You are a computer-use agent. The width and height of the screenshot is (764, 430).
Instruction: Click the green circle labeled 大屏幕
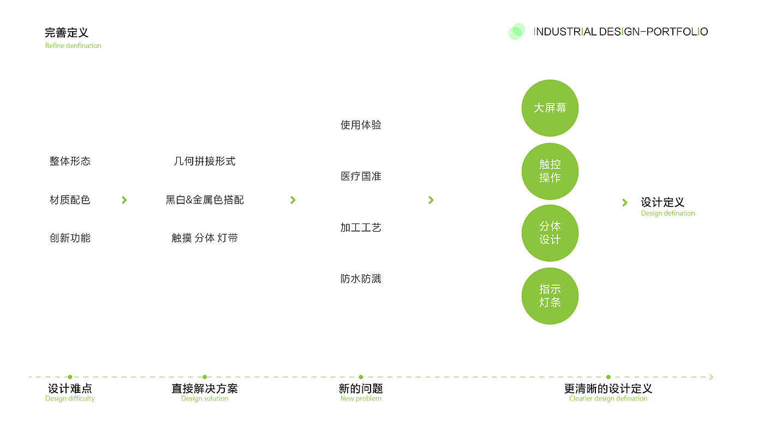pyautogui.click(x=550, y=108)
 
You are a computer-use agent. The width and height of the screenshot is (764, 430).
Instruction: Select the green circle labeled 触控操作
pyautogui.click(x=550, y=171)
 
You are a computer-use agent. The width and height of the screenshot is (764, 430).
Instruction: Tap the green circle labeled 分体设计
pyautogui.click(x=550, y=233)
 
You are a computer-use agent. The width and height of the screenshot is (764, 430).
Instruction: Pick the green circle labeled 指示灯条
pyautogui.click(x=550, y=296)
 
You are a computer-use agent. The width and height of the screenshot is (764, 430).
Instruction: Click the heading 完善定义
pyautogui.click(x=67, y=33)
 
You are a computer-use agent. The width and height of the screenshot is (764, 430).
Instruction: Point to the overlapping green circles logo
pyautogui.click(x=516, y=32)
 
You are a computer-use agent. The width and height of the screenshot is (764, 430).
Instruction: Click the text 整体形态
pyautogui.click(x=70, y=161)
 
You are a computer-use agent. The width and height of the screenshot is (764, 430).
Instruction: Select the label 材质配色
pyautogui.click(x=70, y=200)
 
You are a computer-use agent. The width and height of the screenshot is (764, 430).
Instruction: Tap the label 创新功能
pyautogui.click(x=70, y=238)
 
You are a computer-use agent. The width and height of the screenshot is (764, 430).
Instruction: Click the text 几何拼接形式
pyautogui.click(x=205, y=161)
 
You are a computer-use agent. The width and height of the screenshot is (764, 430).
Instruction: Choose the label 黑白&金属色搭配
pyautogui.click(x=205, y=200)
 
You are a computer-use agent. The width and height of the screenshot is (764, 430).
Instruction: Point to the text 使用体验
pyautogui.click(x=361, y=125)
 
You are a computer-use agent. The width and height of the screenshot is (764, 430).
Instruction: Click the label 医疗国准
pyautogui.click(x=361, y=176)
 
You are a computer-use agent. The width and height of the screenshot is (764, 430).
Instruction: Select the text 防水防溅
pyautogui.click(x=361, y=279)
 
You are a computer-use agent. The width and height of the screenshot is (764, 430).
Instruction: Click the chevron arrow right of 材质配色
pyautogui.click(x=124, y=200)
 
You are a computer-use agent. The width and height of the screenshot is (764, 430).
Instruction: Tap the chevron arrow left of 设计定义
pyautogui.click(x=625, y=203)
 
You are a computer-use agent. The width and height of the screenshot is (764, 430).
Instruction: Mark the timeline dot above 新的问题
pyautogui.click(x=361, y=377)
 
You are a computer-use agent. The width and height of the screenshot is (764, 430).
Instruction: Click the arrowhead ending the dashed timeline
pyautogui.click(x=711, y=377)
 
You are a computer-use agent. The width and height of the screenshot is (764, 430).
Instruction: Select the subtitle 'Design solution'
pyautogui.click(x=205, y=399)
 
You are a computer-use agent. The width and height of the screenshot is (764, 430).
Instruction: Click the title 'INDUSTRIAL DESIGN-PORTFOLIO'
pyautogui.click(x=620, y=32)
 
